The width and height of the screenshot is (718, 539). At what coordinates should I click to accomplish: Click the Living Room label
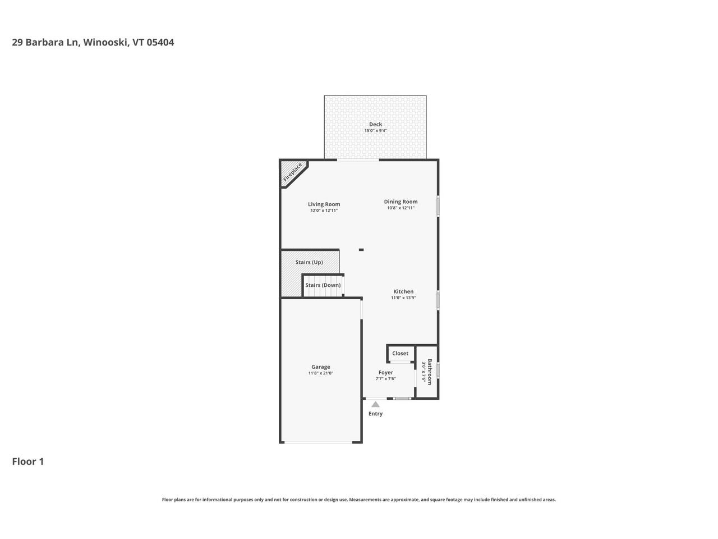tap(324, 204)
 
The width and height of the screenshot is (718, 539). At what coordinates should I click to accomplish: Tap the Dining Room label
tap(401, 202)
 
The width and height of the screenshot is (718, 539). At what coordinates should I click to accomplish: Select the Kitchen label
tap(403, 291)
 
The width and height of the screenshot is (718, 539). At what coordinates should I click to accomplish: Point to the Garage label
tap(321, 367)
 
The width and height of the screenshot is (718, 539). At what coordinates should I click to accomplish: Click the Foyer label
tap(385, 372)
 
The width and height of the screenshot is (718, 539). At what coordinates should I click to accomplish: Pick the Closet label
tap(401, 353)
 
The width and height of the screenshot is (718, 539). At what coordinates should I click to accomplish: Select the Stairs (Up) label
tap(309, 262)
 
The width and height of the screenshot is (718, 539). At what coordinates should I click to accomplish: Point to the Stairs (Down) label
tap(323, 285)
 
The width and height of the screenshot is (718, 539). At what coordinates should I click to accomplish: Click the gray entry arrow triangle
tap(375, 404)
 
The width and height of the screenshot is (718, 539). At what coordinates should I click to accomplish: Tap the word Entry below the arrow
tap(375, 414)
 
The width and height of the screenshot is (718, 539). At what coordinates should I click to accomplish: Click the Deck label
tap(375, 125)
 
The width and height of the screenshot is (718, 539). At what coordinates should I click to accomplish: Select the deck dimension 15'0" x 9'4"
tap(375, 131)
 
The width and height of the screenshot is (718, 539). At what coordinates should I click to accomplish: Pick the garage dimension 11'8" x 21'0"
tap(321, 373)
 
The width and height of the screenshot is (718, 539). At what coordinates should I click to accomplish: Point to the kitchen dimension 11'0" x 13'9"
tap(403, 298)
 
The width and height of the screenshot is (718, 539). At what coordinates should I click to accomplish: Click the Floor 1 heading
tap(28, 462)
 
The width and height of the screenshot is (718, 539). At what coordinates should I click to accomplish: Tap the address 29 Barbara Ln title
tap(93, 42)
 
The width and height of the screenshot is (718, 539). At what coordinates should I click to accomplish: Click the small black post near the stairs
tap(361, 250)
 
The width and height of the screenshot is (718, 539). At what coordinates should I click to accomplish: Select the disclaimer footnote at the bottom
tap(359, 500)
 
